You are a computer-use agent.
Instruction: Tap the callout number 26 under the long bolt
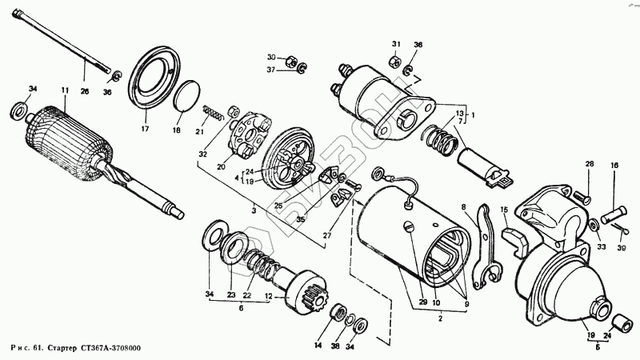(x=85, y=92)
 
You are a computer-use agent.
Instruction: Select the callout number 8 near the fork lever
(x=462, y=208)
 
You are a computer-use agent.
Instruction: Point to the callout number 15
(x=505, y=210)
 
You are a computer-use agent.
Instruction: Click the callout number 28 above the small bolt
(x=588, y=164)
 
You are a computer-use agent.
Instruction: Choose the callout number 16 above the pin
(x=614, y=166)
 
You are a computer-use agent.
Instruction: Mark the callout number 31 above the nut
(x=395, y=43)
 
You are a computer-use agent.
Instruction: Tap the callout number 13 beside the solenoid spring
(x=458, y=114)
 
